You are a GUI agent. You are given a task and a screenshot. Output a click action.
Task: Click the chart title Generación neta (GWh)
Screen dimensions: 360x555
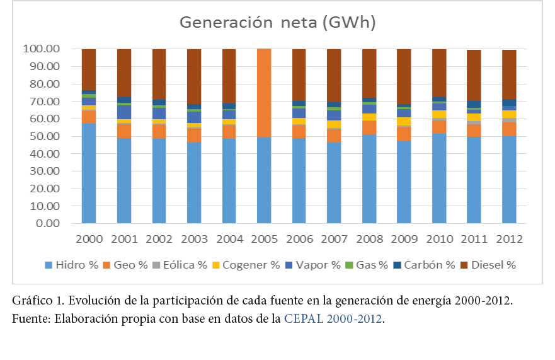pos(277,23)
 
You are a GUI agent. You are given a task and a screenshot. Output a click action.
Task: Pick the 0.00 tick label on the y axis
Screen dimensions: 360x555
pos(47,223)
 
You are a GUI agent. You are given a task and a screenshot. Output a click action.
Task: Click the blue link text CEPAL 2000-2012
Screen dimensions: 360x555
pos(333,319)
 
